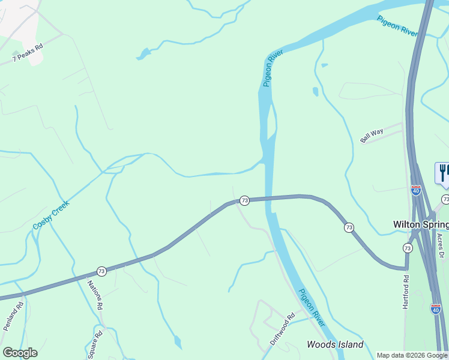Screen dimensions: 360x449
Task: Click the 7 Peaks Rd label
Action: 28,52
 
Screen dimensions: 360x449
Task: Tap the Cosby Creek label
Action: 51,214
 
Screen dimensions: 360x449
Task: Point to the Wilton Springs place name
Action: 420,224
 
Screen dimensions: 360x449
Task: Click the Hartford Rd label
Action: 406,292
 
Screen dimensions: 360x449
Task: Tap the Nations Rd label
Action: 95,295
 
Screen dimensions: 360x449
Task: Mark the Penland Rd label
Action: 13,316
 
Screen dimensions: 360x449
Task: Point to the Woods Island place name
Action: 335,344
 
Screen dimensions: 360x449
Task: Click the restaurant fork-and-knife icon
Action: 442,172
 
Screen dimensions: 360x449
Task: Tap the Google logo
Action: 20,353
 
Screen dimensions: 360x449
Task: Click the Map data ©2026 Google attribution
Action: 412,355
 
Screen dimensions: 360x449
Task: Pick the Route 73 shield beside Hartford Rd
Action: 408,248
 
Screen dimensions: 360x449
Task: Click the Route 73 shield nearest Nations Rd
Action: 101,271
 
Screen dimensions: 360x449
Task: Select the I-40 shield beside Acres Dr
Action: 436,308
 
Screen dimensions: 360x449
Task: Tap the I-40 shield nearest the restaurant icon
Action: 416,190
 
